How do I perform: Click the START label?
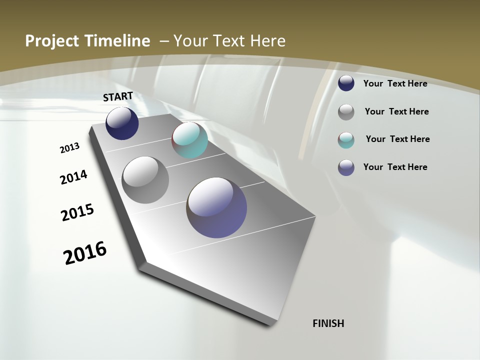[x=118, y=96]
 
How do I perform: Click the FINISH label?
[x=328, y=323]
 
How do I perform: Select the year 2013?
[x=70, y=148]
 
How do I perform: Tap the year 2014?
[x=74, y=177]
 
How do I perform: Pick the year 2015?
[x=77, y=212]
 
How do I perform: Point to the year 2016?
[x=85, y=252]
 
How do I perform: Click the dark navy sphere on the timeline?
[x=122, y=123]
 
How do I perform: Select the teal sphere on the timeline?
[x=189, y=140]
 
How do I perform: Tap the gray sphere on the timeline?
[x=145, y=180]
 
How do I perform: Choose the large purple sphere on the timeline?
[x=217, y=207]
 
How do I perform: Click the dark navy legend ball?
[x=346, y=83]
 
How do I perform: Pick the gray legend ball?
[x=346, y=112]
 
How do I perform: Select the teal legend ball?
[x=346, y=140]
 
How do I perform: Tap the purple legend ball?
[x=346, y=167]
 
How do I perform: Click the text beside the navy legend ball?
[x=395, y=83]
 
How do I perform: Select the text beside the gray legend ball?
[x=396, y=111]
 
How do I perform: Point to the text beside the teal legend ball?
[x=397, y=139]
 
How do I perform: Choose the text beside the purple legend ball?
[x=395, y=167]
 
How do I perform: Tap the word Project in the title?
[x=51, y=41]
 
